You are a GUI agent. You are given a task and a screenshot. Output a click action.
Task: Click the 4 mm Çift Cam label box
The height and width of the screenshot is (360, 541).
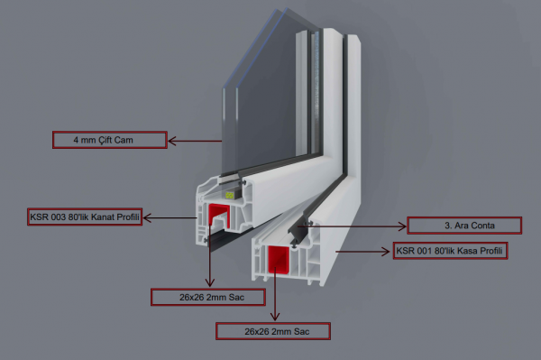pos(110,140)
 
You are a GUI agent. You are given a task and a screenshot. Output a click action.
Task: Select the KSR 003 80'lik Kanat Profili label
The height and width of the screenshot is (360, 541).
pos(85,217)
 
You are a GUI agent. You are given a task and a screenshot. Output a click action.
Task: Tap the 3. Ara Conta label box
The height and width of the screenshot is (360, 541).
pos(464,226)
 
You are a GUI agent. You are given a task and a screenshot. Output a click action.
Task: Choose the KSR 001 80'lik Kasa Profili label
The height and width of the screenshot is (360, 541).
pos(450,251)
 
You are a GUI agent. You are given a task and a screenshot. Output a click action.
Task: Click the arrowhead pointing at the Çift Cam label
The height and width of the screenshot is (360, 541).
pos(172,141)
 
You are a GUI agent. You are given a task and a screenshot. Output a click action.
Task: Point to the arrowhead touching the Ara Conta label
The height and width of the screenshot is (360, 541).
pos(402,226)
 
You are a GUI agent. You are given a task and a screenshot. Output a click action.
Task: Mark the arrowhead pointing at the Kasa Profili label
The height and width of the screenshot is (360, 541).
pos(386,252)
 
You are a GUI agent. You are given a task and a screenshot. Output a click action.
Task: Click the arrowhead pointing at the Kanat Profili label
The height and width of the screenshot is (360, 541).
pos(147,217)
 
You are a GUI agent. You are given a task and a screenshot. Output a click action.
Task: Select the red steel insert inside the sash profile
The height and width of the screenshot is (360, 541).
pos(219,216)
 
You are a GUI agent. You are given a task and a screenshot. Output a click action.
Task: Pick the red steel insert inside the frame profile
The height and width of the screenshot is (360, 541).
pos(278,259)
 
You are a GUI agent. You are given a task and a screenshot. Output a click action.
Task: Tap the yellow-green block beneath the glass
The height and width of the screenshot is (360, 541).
pos(230,196)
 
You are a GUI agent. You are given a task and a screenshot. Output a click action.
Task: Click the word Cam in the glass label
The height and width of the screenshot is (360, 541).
pos(124,140)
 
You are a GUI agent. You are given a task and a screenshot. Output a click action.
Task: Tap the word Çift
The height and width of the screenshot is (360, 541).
pos(105,140)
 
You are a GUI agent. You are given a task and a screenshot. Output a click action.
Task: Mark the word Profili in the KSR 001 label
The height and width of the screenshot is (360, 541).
pos(492,251)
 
